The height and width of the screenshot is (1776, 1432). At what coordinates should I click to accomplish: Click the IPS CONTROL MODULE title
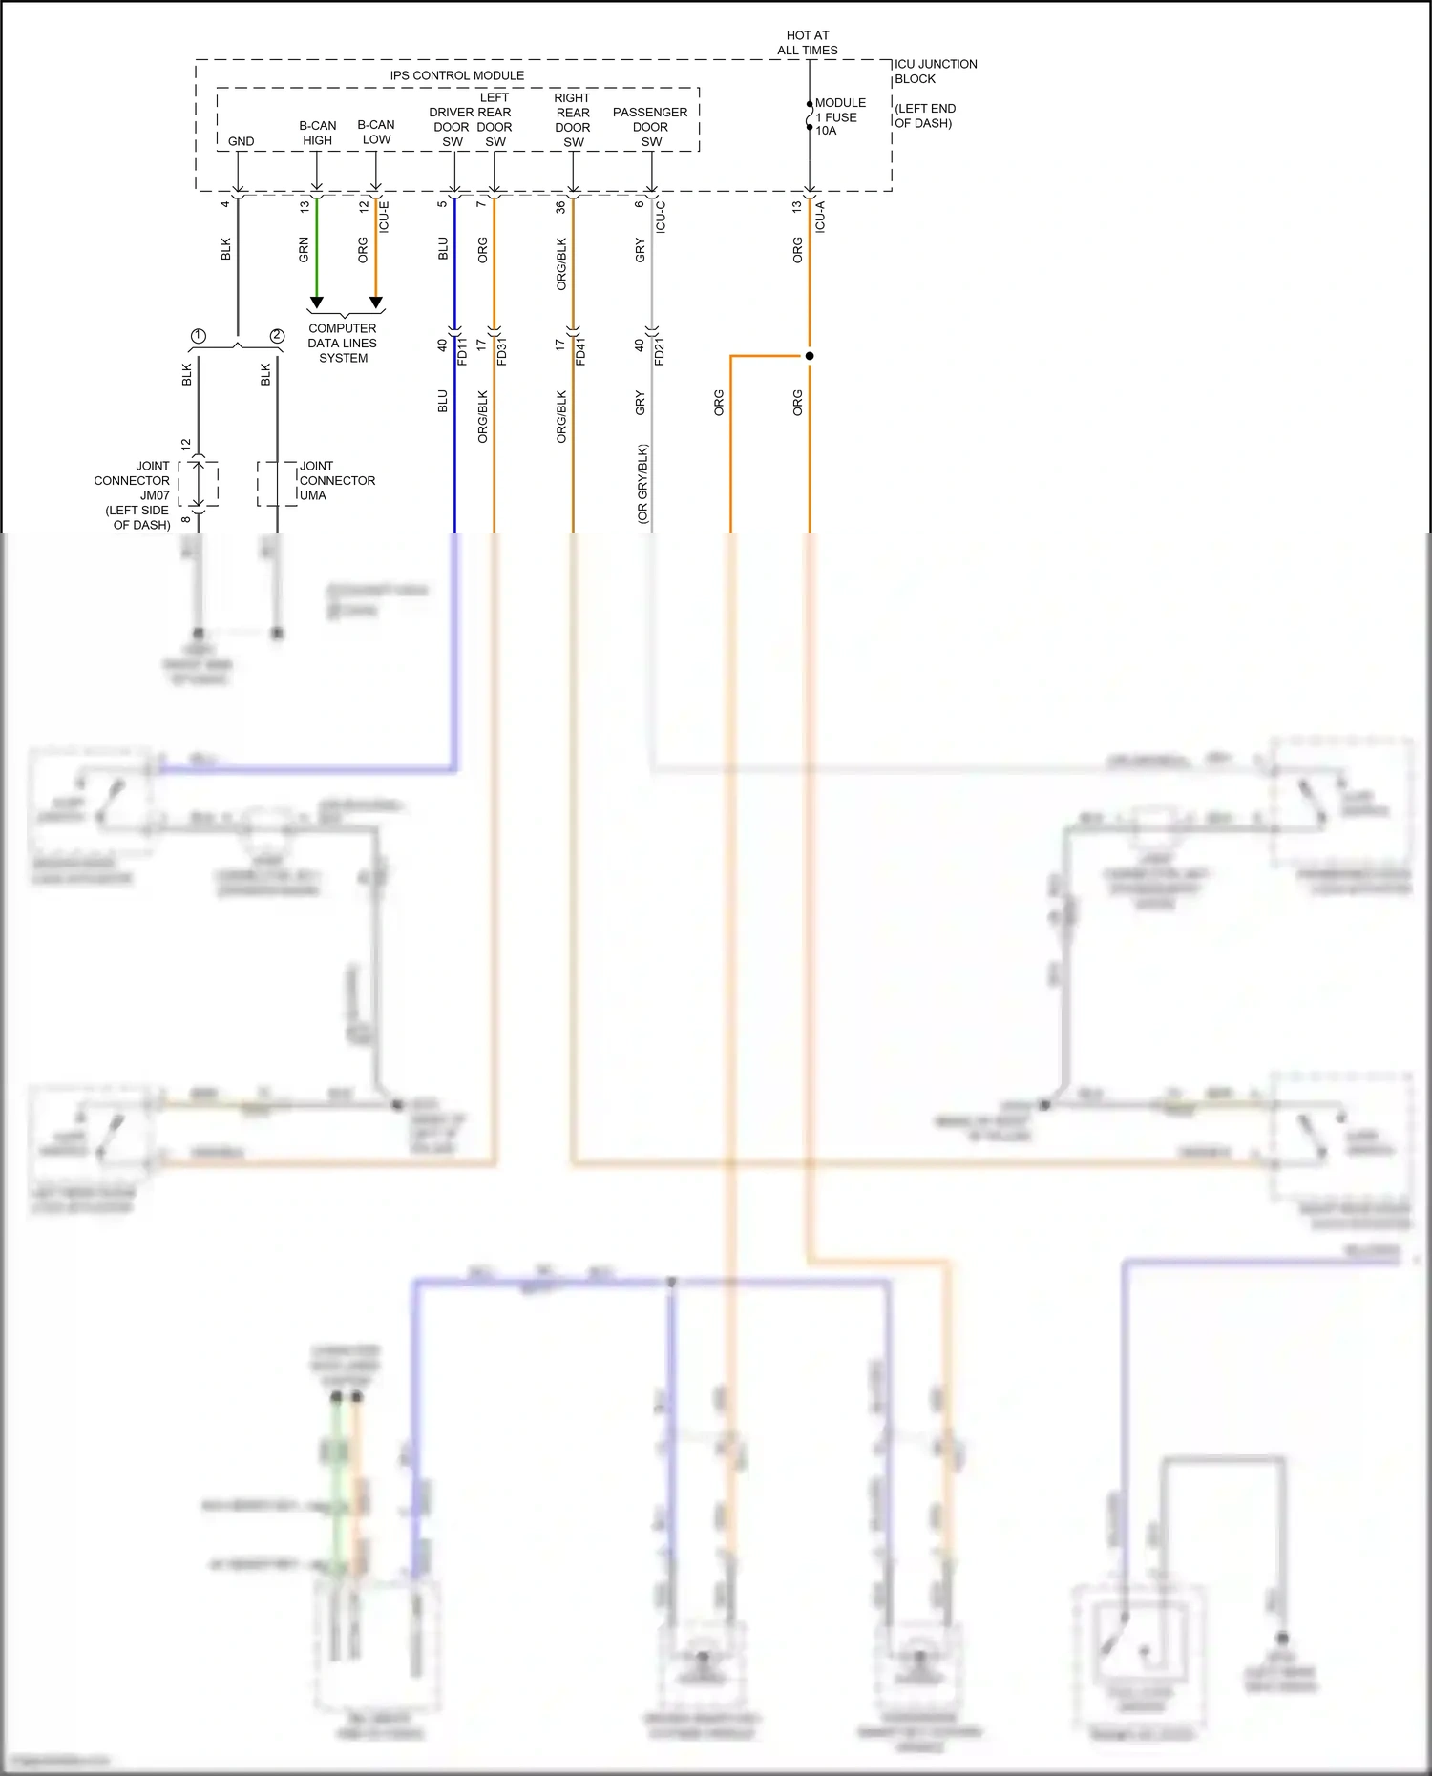pyautogui.click(x=456, y=75)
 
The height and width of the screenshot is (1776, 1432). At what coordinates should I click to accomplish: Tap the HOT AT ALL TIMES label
pyautogui.click(x=808, y=43)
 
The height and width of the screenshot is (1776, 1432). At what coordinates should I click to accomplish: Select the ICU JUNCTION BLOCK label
pyautogui.click(x=935, y=72)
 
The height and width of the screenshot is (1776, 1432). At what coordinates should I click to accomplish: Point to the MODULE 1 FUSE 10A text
pyautogui.click(x=839, y=116)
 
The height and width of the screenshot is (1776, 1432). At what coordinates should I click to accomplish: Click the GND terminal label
pyautogui.click(x=241, y=141)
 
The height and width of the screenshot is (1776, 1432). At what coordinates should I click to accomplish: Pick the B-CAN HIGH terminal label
pyautogui.click(x=317, y=133)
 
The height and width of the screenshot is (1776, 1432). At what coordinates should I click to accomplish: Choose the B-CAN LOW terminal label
pyautogui.click(x=376, y=132)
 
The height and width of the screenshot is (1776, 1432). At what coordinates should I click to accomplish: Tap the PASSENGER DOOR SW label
pyautogui.click(x=650, y=127)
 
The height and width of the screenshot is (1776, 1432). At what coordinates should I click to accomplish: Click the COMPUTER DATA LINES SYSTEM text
pyautogui.click(x=343, y=343)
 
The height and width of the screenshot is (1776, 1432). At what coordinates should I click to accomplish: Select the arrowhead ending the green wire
pyautogui.click(x=317, y=303)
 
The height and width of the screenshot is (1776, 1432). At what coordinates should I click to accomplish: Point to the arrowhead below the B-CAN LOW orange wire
pyautogui.click(x=376, y=303)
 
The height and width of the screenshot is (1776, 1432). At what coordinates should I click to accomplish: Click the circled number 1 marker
pyautogui.click(x=199, y=336)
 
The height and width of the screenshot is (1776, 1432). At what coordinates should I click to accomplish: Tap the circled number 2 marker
pyautogui.click(x=277, y=336)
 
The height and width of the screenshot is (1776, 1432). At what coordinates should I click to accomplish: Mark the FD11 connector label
pyautogui.click(x=463, y=350)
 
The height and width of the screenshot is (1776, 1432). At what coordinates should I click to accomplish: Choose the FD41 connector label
pyautogui.click(x=580, y=350)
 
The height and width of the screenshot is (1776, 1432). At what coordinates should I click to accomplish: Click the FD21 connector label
pyautogui.click(x=660, y=350)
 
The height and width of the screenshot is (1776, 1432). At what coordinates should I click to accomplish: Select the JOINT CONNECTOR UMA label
pyautogui.click(x=336, y=481)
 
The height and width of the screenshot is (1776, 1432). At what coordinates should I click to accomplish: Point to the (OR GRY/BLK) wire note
pyautogui.click(x=642, y=484)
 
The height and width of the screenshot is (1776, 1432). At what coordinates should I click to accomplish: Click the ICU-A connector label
pyautogui.click(x=820, y=218)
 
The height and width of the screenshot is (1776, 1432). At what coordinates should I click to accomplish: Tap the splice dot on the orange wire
pyautogui.click(x=810, y=356)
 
